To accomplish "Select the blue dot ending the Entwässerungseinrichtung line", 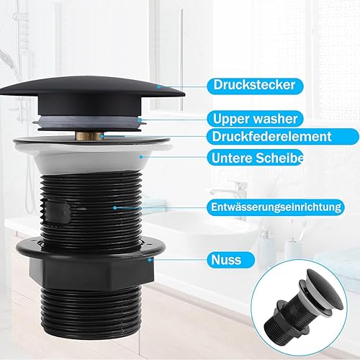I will (115, 207).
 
